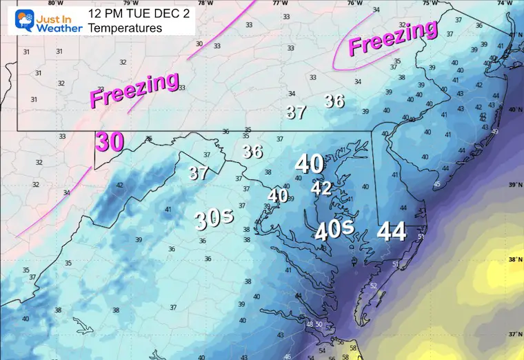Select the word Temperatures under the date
point(130,28)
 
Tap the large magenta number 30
point(110,142)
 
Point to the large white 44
point(391,232)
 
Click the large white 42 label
point(321,188)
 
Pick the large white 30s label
point(214,219)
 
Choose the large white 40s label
point(335,230)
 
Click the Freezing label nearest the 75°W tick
point(393,39)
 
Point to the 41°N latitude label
point(514,35)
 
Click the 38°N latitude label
point(514,260)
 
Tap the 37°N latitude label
point(514,334)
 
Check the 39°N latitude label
point(514,185)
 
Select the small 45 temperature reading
point(436,184)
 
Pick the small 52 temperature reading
point(373,286)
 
